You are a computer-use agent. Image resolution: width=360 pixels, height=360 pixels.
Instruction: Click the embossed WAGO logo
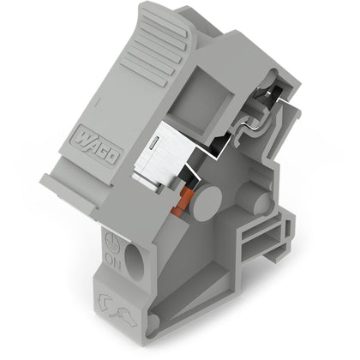(x=98, y=146)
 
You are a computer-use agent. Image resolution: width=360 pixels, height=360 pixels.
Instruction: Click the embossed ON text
(x=113, y=260)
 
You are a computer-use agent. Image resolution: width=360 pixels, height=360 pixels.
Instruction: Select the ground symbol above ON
(x=111, y=242)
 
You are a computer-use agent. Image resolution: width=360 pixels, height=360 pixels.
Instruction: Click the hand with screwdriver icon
(x=123, y=316)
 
